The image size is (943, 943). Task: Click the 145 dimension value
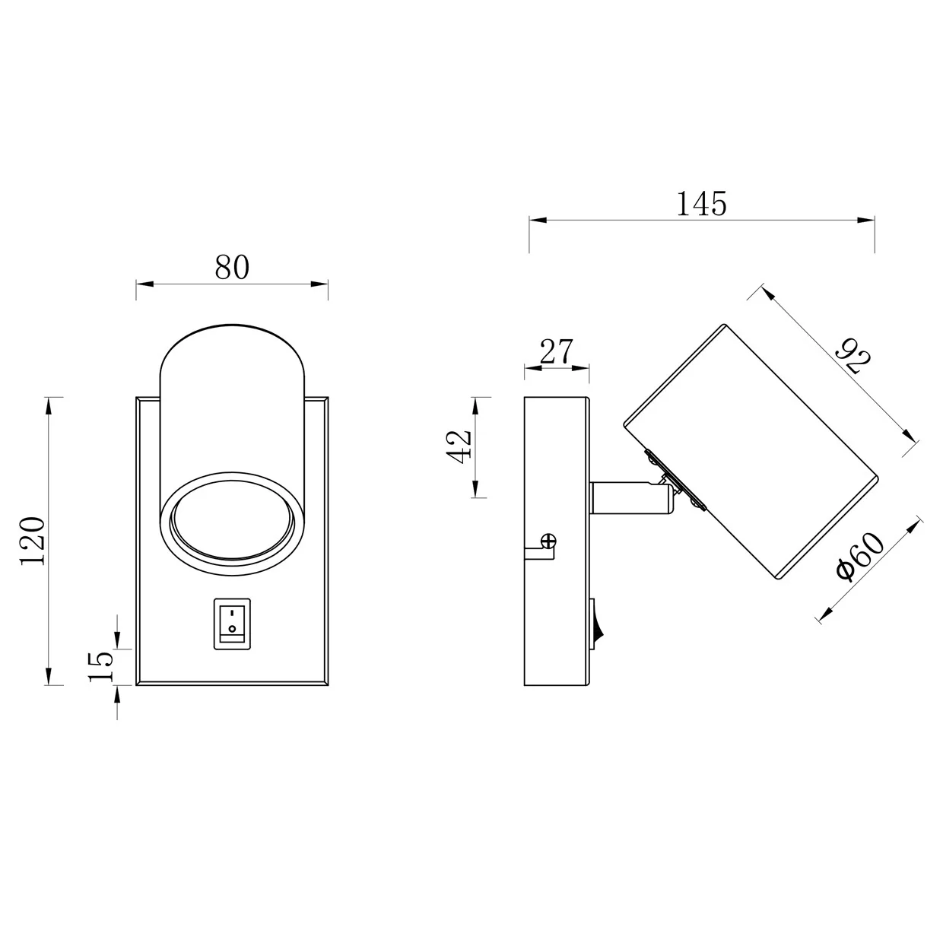(701, 204)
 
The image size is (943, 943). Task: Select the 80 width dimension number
(232, 267)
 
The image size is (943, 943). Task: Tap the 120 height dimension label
(33, 540)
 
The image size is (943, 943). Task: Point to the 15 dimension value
(101, 666)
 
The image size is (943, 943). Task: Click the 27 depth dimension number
(557, 351)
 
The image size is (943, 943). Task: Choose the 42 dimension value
(459, 446)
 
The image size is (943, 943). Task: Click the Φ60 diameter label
(860, 557)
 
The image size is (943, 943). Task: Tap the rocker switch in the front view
(232, 624)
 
